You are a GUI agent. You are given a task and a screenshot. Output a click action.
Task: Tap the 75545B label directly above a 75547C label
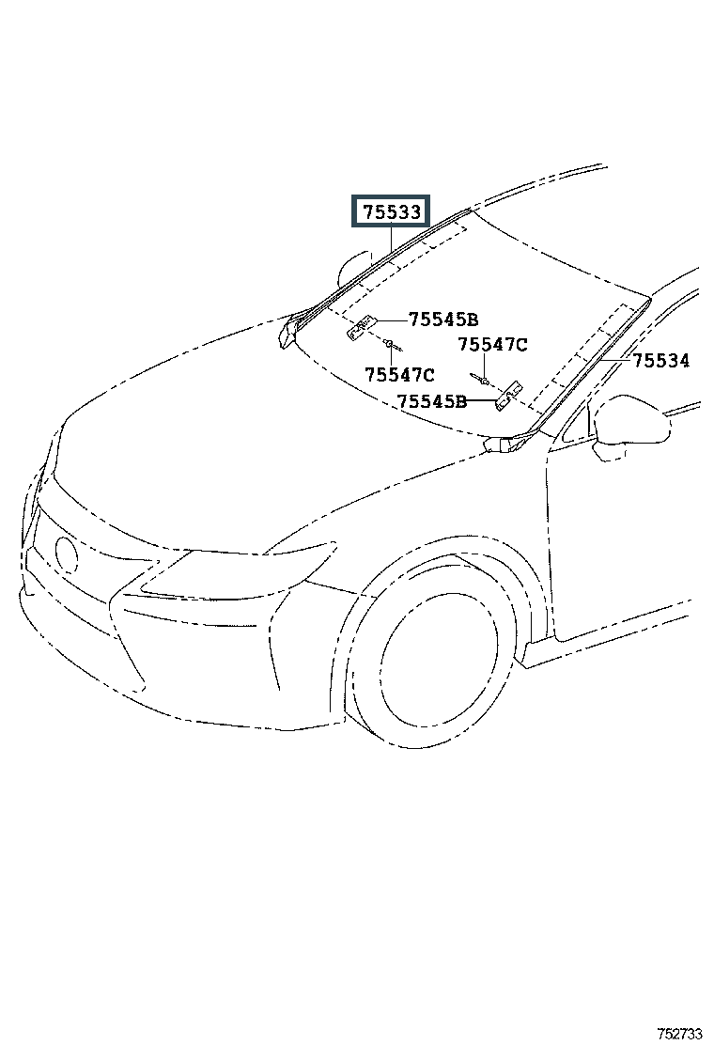coord(443,319)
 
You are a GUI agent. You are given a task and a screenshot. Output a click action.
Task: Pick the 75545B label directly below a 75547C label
coord(431,401)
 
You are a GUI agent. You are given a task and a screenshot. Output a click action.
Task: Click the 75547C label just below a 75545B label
coord(399,375)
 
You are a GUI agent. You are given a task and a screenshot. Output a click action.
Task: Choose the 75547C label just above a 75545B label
coord(492,345)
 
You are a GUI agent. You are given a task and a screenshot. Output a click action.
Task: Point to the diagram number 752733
coord(679,1033)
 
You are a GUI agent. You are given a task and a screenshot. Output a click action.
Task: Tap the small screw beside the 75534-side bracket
coord(483,381)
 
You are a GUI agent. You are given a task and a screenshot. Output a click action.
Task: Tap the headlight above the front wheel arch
coord(244,569)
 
